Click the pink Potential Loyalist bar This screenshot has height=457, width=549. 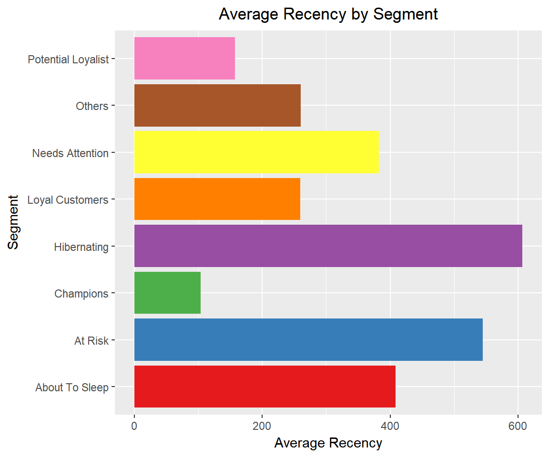tap(184, 58)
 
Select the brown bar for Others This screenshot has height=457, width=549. tap(217, 105)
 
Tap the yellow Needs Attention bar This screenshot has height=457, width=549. tap(256, 152)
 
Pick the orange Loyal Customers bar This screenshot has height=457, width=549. tap(217, 199)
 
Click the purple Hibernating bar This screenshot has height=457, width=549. tap(328, 246)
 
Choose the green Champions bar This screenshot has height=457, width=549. tap(167, 293)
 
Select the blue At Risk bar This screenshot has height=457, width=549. tap(308, 339)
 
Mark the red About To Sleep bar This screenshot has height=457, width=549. tap(264, 387)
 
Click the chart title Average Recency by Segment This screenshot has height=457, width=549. tap(328, 14)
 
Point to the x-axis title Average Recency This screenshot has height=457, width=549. tap(328, 443)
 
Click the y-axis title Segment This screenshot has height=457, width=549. tap(14, 221)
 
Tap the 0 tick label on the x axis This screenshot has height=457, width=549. tap(134, 425)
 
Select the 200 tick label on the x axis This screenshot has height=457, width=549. tap(262, 425)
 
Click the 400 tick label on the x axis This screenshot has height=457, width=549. tap(390, 425)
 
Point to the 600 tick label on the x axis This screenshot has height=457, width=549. tap(518, 425)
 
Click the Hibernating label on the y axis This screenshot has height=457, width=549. tap(81, 247)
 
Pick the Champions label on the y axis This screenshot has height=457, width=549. tap(81, 294)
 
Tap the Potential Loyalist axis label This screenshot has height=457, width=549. tap(68, 60)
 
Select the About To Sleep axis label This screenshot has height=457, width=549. tap(71, 387)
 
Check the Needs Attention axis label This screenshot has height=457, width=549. tap(70, 153)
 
